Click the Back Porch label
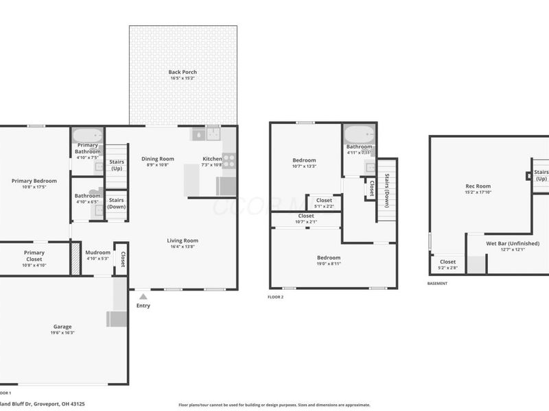(x=183, y=72)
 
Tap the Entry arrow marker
(x=143, y=297)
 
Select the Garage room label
(x=62, y=327)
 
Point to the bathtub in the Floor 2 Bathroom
(x=359, y=134)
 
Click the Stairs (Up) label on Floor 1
(x=117, y=165)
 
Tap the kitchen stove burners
(x=229, y=161)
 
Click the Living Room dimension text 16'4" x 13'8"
(x=182, y=247)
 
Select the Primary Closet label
(x=34, y=256)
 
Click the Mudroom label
(x=97, y=253)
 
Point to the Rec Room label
(x=478, y=186)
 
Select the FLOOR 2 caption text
(x=275, y=297)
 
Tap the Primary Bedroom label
(x=34, y=181)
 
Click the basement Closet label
(x=447, y=261)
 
